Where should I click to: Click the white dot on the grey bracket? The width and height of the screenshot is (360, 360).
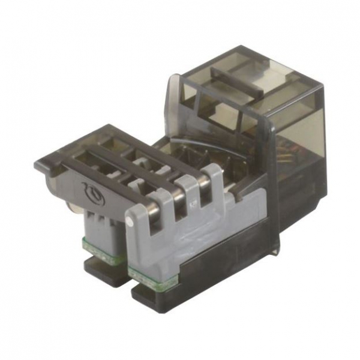tap(130, 223)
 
